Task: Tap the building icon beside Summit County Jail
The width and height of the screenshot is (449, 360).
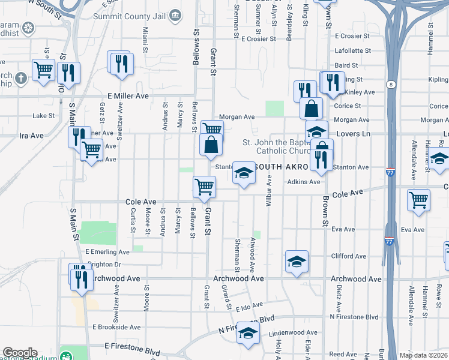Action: pos(175,15)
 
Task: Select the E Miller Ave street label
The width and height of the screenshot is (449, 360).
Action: pos(128,96)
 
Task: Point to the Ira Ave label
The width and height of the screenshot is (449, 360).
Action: pos(32,136)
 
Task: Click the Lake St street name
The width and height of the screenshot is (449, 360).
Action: pos(43,116)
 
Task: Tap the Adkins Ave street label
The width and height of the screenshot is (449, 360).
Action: pos(303,182)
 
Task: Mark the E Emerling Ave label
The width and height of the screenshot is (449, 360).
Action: pos(107,252)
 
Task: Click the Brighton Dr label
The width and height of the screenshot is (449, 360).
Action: pos(104,264)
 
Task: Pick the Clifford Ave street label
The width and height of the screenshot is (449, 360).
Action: pos(349,256)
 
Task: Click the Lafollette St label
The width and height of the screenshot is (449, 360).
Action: pos(353,52)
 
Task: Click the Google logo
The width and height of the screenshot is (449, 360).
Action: pos(20,353)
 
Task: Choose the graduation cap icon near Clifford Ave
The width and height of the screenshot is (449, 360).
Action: pos(297,262)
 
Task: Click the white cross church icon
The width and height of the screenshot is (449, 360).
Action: pos(20,78)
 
